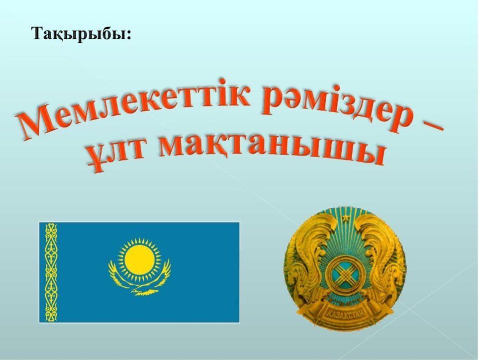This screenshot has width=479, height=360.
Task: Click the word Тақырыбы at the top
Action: (79, 34)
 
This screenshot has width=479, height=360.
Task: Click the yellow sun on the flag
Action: (140, 260)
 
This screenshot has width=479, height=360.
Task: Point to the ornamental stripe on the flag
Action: (51, 272)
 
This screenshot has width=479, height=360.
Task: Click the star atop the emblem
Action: (346, 218)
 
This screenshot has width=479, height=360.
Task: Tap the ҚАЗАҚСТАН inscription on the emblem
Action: (346, 313)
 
